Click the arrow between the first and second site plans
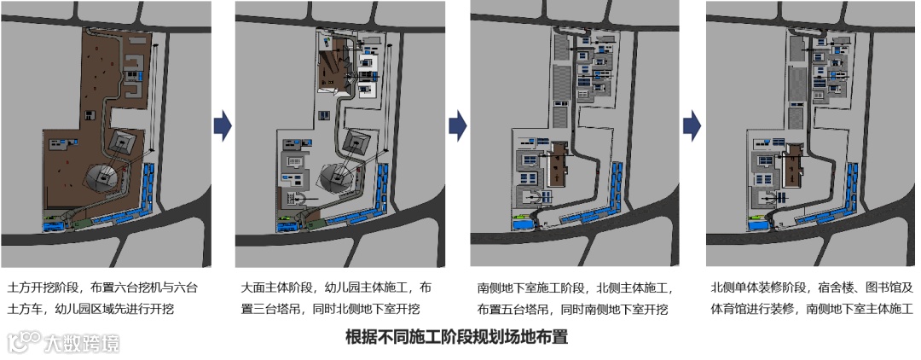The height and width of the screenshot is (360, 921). pos(222,125)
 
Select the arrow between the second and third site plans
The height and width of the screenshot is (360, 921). pos(458,125)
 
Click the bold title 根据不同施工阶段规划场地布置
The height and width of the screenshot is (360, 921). pos(456,336)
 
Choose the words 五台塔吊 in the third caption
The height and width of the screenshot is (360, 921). pos(530,309)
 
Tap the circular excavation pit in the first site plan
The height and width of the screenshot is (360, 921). pos(102,177)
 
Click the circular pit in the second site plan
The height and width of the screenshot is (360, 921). pos(338,177)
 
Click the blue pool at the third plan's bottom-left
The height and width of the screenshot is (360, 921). pos(520,225)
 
